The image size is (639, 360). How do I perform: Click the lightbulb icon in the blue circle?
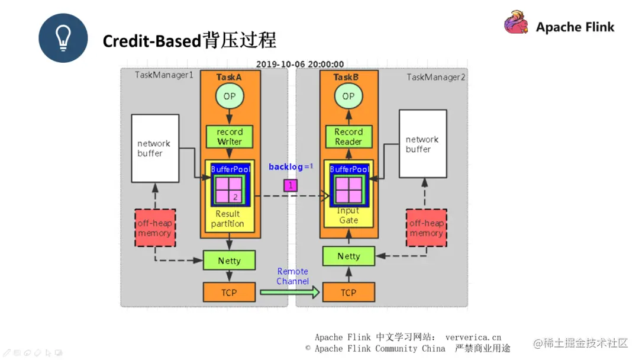[63, 38]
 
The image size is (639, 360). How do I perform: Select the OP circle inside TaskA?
[229, 96]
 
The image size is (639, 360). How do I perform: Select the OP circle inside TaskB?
[348, 96]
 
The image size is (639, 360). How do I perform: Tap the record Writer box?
[229, 137]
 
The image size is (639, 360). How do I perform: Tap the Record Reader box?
[348, 137]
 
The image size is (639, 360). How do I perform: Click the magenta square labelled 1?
[290, 185]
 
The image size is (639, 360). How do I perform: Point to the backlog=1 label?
[291, 167]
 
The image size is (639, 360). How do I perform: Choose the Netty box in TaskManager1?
[229, 261]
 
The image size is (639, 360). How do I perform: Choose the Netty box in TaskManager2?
[348, 256]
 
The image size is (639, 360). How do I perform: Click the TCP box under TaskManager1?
[229, 292]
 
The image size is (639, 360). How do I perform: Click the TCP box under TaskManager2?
[348, 292]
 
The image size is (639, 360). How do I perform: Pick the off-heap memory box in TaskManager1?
[154, 228]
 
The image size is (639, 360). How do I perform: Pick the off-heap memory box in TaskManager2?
[426, 228]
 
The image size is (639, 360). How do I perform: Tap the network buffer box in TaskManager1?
[154, 148]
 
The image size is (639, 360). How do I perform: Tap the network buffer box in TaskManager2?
[422, 144]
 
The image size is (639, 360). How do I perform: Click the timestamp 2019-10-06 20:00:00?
[299, 65]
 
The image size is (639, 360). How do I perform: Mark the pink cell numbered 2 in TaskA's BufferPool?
[235, 197]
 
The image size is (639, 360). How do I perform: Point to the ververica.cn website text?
[473, 337]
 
